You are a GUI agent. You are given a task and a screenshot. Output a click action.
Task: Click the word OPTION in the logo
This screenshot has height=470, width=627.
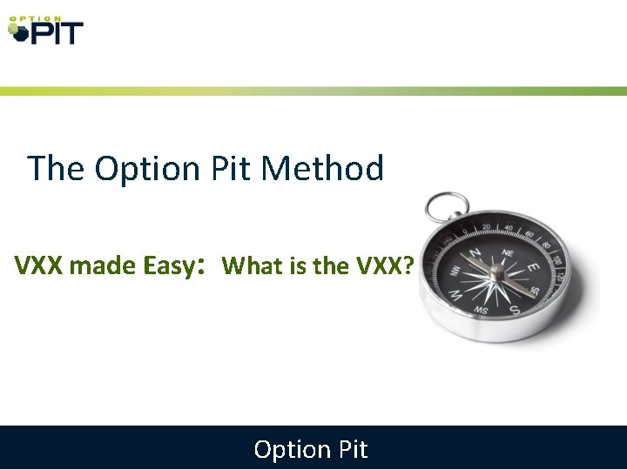[35, 18]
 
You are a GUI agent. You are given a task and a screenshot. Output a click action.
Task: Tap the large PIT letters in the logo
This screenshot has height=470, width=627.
[56, 34]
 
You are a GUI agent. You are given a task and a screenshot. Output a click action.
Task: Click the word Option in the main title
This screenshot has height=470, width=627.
[148, 168]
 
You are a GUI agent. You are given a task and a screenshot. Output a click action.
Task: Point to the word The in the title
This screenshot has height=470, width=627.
[56, 168]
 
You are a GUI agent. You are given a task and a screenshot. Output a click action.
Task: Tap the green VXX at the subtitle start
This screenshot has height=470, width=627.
[38, 265]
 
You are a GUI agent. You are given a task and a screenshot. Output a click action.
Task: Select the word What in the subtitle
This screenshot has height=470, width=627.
[252, 265]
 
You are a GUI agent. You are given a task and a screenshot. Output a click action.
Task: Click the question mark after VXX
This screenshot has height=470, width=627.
[408, 265]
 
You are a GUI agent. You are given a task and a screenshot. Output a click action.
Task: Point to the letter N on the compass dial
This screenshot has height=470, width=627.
[476, 252]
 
